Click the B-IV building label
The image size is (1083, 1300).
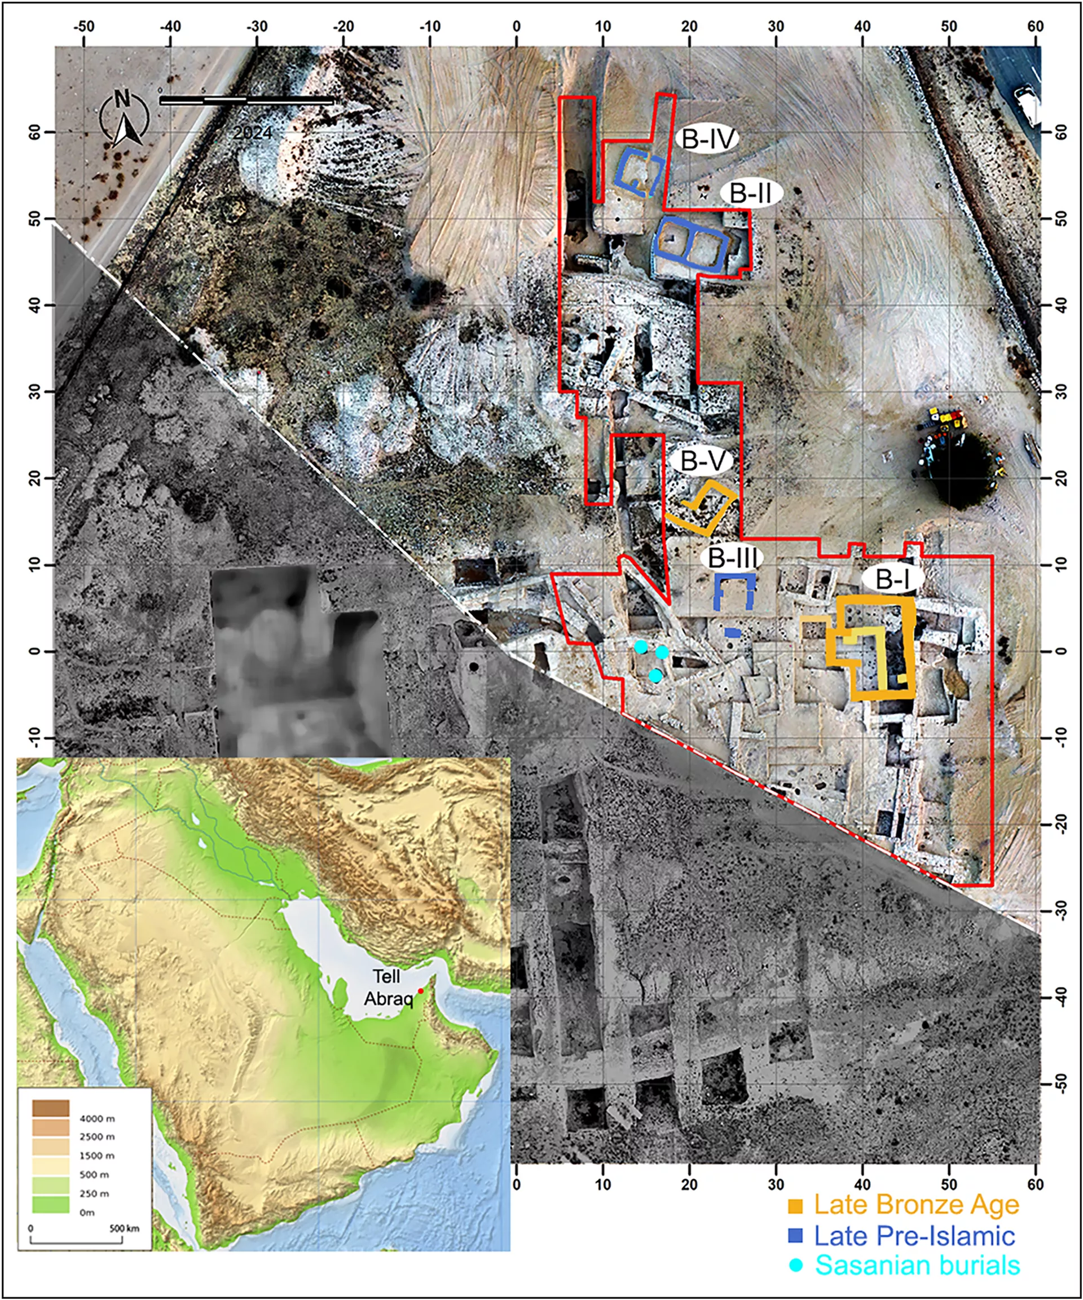[708, 139]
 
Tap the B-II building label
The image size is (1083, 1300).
[752, 193]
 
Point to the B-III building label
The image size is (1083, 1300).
[733, 558]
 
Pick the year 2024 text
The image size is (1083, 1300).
[253, 133]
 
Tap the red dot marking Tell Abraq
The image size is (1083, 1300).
[420, 991]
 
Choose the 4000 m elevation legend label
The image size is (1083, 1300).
[97, 1118]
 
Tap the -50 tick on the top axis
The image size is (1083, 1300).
[83, 27]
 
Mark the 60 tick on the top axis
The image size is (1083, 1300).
[1034, 27]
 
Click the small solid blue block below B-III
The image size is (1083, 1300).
[733, 633]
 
